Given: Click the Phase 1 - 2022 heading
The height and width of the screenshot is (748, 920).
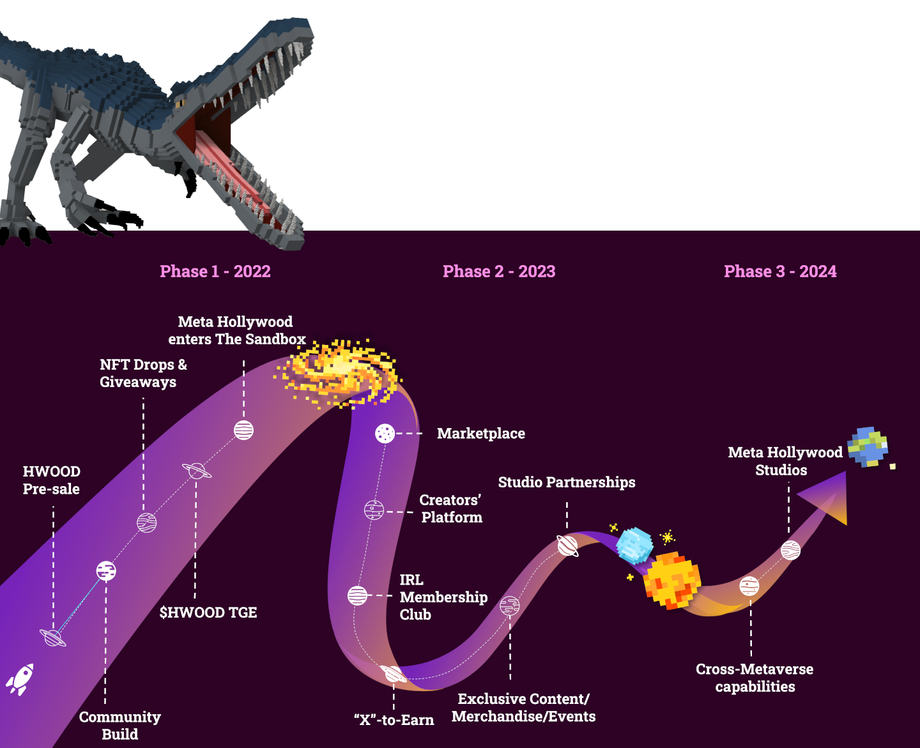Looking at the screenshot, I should coord(215,271).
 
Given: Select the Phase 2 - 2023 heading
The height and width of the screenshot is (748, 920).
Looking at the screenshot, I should coord(499,271).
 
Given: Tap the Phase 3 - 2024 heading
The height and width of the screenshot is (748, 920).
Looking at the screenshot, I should coord(780,271).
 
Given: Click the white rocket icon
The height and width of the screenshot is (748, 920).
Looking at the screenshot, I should coord(20,679).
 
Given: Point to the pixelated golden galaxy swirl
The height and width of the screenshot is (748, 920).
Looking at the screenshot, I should coord(339,372).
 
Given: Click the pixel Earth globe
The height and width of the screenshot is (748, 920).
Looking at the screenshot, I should coord(868,447).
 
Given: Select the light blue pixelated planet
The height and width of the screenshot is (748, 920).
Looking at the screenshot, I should coord(634,545).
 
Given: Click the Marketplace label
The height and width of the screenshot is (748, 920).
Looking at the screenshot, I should coord(480,434).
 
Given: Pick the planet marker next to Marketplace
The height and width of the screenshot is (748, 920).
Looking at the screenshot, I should coord(385,434).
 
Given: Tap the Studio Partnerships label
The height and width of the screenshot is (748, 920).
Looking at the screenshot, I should coord(567,482).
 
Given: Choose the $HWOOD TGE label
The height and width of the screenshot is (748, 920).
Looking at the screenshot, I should coord(208,613).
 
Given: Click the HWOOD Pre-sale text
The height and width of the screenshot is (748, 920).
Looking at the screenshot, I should coord(51,480).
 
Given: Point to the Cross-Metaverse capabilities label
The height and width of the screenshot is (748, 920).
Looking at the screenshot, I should coord(755,678).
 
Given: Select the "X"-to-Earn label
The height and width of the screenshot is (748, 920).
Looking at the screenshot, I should coord(394,721).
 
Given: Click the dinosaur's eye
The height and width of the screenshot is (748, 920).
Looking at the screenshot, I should coord(180,102).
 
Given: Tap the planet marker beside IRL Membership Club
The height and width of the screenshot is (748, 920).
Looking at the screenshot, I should coord(358,595).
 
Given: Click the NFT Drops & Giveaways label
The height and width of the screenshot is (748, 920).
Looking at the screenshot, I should coord(143,373).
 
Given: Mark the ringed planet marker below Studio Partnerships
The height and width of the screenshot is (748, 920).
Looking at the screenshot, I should coord(567,546).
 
